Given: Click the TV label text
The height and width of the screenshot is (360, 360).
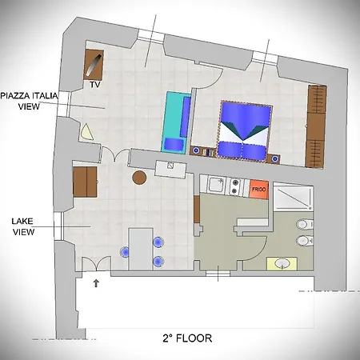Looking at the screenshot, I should [x=94, y=83].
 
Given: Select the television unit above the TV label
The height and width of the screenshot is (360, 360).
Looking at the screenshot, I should [x=94, y=63].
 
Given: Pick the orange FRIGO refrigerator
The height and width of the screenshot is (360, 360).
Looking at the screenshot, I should [x=258, y=188].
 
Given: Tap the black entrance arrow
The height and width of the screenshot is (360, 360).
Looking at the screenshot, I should [x=97, y=282].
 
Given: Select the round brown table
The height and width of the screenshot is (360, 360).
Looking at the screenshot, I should [x=139, y=177].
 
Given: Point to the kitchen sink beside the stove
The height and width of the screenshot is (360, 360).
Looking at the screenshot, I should [x=215, y=186].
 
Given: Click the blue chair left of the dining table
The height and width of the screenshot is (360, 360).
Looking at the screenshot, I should [x=125, y=251].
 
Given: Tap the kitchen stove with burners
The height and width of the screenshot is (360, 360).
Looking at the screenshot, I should [x=235, y=187].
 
